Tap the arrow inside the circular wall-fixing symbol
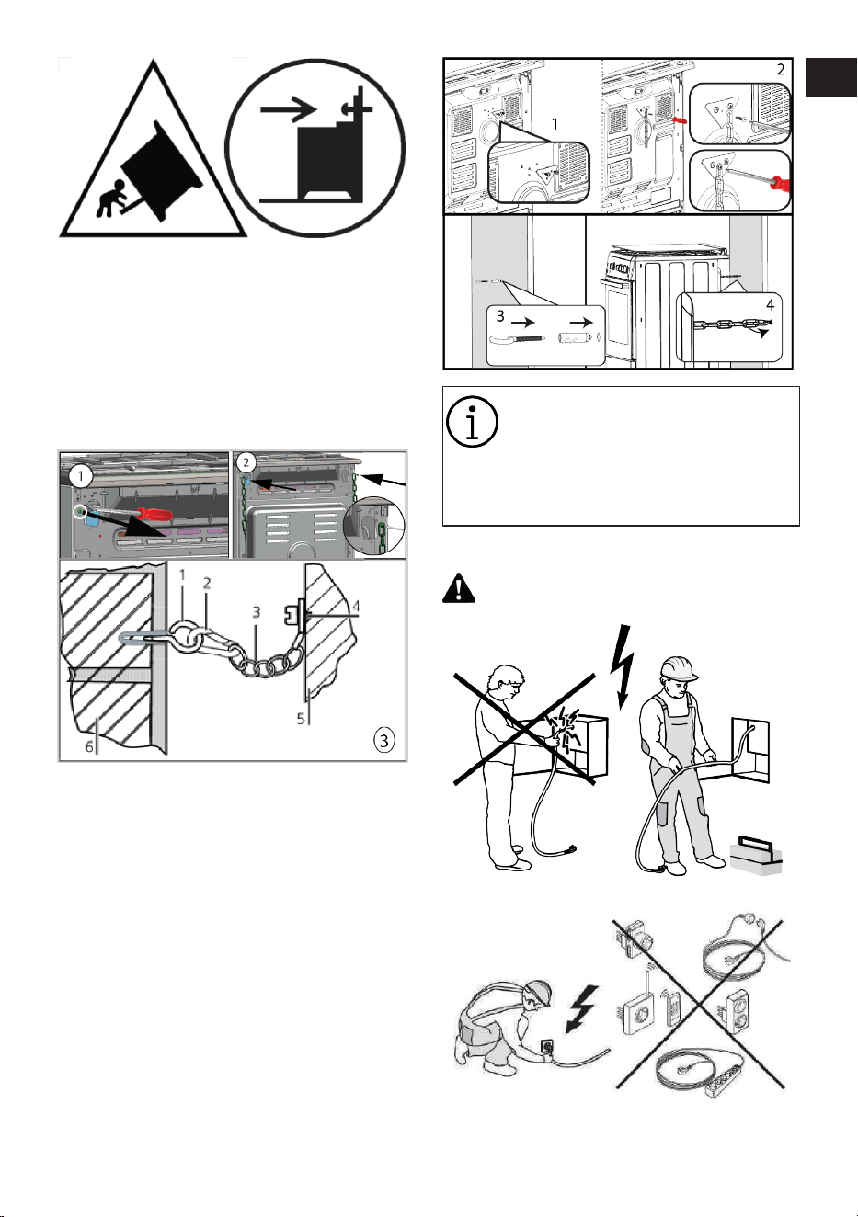pos(288,109)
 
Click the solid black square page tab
pos(830,77)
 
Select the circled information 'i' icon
pos(472,421)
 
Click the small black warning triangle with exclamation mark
pos(459,588)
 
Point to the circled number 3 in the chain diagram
pos(384,740)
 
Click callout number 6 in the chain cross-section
pos(89,746)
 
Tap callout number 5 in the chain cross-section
pos(301,718)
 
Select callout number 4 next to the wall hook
pos(356,607)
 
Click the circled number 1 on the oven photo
pos(81,477)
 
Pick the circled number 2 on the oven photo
pos(246,462)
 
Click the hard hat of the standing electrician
pos(680,669)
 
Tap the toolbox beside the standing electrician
pos(755,856)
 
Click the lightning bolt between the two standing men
pos(623,666)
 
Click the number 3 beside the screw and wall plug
pos(500,315)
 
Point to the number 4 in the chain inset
pos(770,305)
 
